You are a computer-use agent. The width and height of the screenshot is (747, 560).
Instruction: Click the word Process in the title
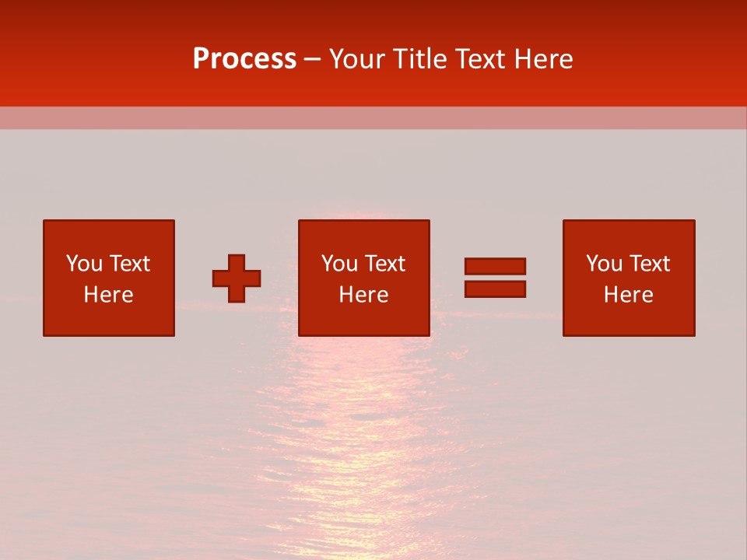point(244,59)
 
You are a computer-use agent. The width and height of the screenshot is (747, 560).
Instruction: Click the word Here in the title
point(544,59)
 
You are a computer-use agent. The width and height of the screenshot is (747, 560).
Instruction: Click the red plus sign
point(237,278)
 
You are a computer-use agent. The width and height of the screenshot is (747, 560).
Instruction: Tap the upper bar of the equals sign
point(495,267)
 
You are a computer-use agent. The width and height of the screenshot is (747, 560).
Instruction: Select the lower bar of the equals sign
point(495,289)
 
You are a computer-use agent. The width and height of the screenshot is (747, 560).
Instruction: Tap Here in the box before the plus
point(108,295)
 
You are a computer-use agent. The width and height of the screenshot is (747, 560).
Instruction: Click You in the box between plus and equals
point(338,264)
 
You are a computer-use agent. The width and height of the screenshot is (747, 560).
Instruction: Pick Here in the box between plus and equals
point(364,295)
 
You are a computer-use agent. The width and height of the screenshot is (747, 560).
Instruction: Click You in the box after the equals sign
point(603,264)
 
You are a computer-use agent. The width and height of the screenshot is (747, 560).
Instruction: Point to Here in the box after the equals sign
point(629,295)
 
